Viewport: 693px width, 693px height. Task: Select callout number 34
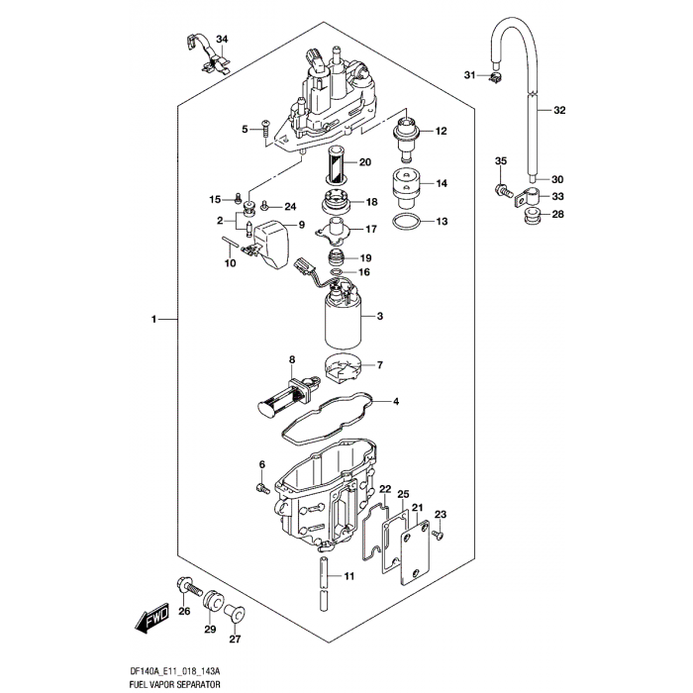222,40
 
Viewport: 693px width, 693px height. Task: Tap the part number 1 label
154,320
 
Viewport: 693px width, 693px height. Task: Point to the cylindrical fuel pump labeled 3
343,322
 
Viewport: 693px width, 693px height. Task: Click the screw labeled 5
266,129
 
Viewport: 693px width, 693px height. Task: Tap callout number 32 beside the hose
559,110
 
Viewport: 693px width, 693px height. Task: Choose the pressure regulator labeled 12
407,136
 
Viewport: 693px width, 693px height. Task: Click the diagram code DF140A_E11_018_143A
188,669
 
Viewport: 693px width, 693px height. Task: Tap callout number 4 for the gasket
395,402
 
